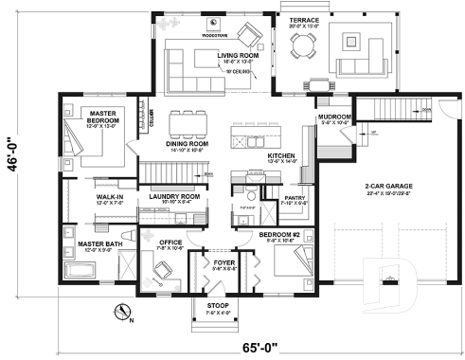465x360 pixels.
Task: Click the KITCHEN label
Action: [282, 155]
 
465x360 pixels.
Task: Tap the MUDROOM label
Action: [335, 117]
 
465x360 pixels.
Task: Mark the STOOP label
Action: [219, 306]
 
